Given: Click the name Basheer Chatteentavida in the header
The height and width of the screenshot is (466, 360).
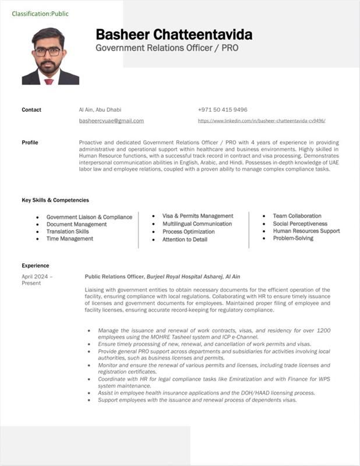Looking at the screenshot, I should click(x=174, y=34).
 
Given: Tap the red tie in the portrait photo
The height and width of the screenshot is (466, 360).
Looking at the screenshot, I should click(x=49, y=81).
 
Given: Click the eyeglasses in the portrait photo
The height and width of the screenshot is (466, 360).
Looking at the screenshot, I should click(x=48, y=51).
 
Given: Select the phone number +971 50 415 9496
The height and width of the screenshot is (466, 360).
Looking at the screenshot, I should click(x=223, y=110).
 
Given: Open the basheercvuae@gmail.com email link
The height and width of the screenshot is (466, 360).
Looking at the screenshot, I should click(x=111, y=121).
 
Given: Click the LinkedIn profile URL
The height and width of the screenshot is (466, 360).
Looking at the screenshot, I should click(x=262, y=121).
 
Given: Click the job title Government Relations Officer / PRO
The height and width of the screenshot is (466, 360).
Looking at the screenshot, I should click(x=167, y=48).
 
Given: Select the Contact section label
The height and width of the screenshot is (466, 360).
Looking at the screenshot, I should click(x=31, y=110).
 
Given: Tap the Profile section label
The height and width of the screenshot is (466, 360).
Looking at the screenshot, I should click(x=30, y=142).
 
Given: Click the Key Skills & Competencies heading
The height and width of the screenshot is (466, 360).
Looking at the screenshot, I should click(x=55, y=200).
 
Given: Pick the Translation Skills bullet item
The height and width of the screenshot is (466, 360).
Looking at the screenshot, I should click(x=68, y=231).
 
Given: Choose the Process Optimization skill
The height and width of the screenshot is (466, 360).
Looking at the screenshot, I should click(x=189, y=231).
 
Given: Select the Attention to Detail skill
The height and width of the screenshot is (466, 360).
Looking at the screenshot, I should click(x=185, y=239).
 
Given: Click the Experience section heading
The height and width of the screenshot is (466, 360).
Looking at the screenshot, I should click(x=36, y=266).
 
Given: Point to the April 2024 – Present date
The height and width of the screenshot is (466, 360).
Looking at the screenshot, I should click(x=37, y=280).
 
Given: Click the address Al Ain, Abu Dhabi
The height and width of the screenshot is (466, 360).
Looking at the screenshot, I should click(x=100, y=110).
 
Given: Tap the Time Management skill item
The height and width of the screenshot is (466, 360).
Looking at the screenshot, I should click(x=70, y=239).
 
